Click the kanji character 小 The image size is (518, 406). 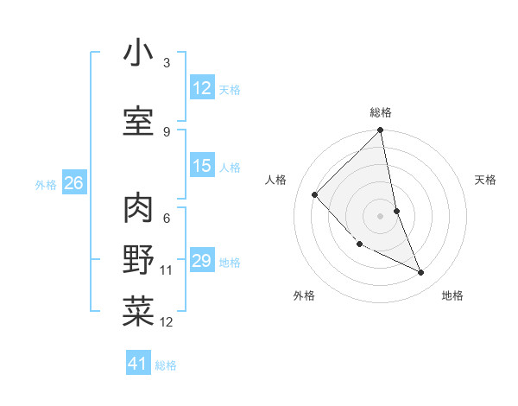[x=138, y=54]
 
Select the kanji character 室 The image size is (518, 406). [x=138, y=122]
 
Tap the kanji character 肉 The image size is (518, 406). [x=138, y=207]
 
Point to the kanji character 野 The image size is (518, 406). [x=138, y=260]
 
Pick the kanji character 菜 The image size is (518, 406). [x=138, y=312]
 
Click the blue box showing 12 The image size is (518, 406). [x=202, y=88]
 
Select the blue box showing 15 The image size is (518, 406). [x=202, y=166]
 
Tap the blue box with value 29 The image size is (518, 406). [x=202, y=261]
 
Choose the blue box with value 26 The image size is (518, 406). [x=73, y=183]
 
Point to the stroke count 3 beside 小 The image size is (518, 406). [x=167, y=63]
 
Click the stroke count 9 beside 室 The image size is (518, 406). [x=167, y=132]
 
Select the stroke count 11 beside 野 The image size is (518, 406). [x=167, y=270]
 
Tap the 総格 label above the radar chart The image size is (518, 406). [x=381, y=112]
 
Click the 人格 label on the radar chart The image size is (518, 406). [x=275, y=180]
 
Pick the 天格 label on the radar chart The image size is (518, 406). [x=485, y=180]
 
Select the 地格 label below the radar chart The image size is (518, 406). [x=452, y=295]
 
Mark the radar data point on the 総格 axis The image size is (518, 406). [x=381, y=131]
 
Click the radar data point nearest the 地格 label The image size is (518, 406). [x=421, y=273]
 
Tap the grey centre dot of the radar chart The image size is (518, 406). [x=381, y=216]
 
